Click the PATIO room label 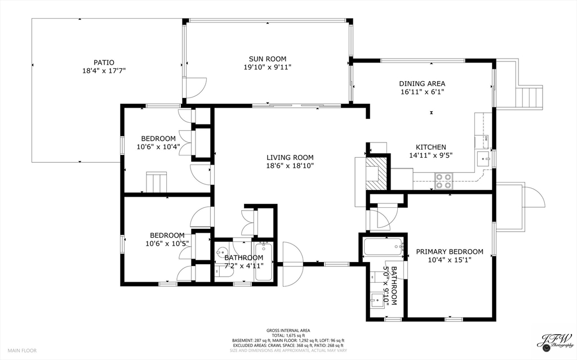[x=104, y=63]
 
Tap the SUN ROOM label [x=268, y=59]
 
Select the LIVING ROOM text [x=290, y=158]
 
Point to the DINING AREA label [x=422, y=83]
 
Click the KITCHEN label [x=431, y=147]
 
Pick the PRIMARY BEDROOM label [x=450, y=252]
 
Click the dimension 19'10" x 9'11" [x=268, y=67]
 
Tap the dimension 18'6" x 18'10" [x=290, y=166]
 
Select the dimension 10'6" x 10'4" [x=158, y=146]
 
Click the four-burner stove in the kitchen [x=443, y=181]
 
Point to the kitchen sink [x=483, y=159]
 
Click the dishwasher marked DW [x=482, y=139]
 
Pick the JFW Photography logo [x=555, y=340]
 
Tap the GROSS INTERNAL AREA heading [x=288, y=331]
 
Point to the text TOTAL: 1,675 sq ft [x=288, y=335]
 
